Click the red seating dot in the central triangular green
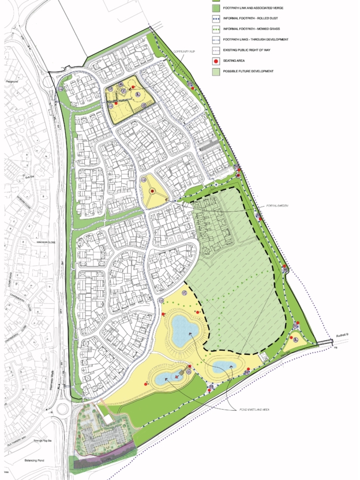(x=152, y=191)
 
